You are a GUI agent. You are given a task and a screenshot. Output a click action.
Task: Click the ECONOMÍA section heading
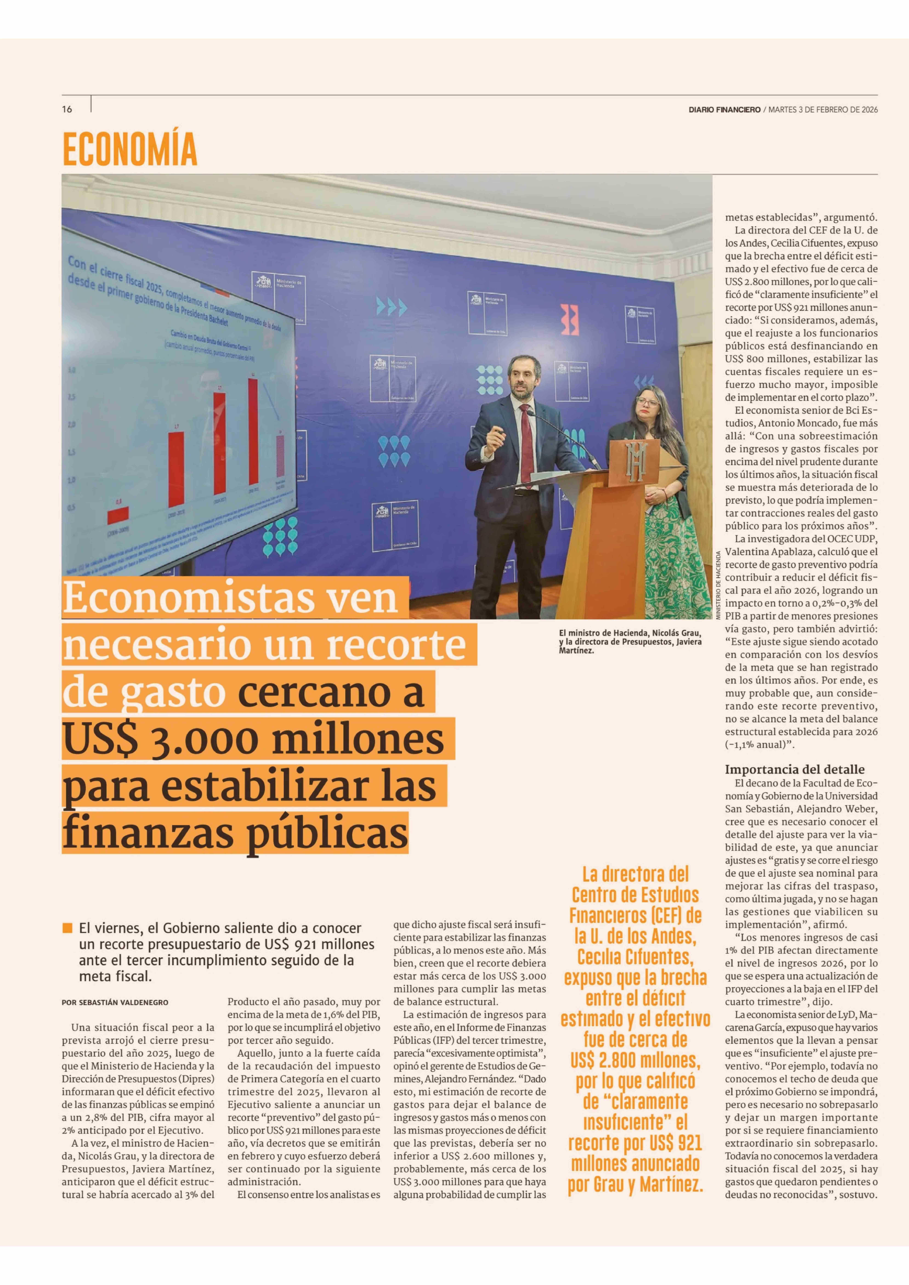[130, 149]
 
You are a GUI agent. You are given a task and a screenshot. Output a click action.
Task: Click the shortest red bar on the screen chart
[118, 515]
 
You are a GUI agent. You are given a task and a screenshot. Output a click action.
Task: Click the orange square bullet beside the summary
[68, 928]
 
